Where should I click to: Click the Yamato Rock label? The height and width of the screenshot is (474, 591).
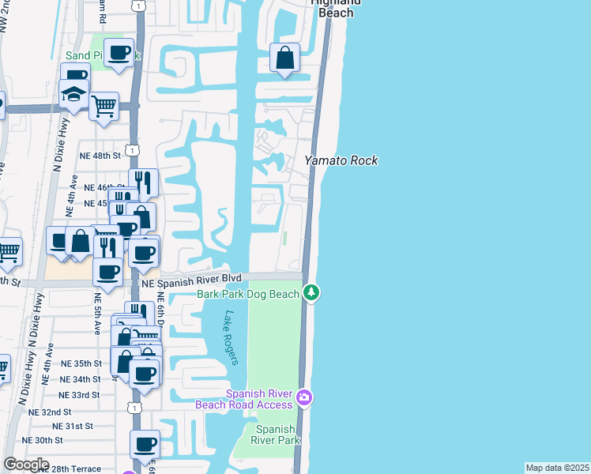tap(341, 160)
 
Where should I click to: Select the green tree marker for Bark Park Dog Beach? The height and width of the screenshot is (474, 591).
tap(312, 294)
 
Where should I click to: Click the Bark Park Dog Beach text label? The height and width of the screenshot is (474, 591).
tap(247, 294)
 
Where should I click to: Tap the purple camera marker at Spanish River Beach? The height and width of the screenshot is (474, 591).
tap(304, 396)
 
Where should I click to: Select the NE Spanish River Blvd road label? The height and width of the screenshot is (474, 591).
tap(190, 280)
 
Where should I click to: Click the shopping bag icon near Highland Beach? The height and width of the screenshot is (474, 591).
tap(284, 58)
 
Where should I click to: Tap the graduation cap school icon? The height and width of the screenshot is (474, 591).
tap(73, 95)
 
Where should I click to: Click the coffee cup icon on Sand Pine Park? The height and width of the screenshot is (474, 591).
tap(119, 53)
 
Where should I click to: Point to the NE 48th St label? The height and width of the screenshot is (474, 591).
tap(100, 156)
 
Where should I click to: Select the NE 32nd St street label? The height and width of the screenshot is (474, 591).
tap(50, 412)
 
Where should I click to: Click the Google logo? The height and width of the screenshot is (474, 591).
tap(25, 465)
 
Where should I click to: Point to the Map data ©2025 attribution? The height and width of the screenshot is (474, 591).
tap(557, 468)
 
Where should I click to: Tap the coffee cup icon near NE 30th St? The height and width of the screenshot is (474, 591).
tap(145, 445)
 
